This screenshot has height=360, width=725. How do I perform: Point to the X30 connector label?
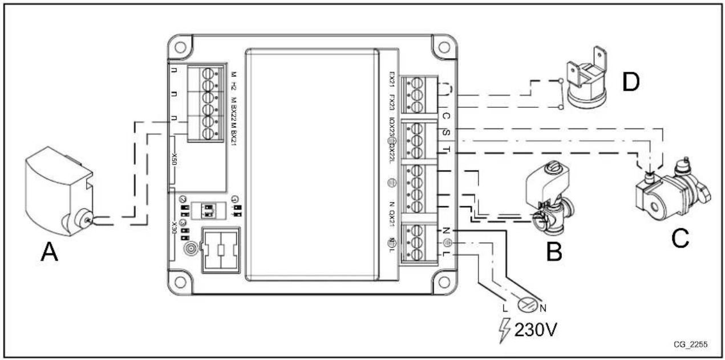coord(175,234)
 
